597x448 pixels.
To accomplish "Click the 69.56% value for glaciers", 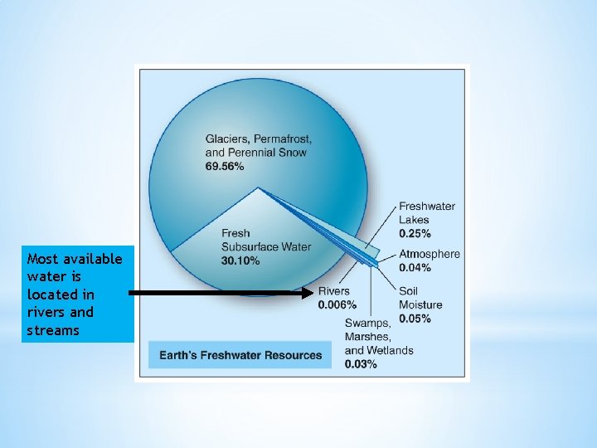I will (x=225, y=167).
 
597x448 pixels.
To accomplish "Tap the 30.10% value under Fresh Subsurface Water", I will (x=241, y=261).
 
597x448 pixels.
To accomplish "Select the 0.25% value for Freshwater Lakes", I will (x=415, y=233).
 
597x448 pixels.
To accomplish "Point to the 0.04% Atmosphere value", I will (x=415, y=267).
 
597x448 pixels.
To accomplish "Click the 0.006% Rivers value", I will (x=337, y=305).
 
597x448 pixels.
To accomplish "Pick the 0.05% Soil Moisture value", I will (x=415, y=319).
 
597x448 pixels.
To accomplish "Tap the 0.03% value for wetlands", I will (x=361, y=364).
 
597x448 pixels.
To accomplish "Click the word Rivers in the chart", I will (x=333, y=292).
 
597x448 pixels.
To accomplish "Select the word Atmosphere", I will (x=429, y=254).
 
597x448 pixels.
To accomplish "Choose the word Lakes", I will (x=414, y=219).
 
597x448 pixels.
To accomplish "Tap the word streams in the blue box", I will (x=53, y=330).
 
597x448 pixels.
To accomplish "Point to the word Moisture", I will (x=420, y=305).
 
